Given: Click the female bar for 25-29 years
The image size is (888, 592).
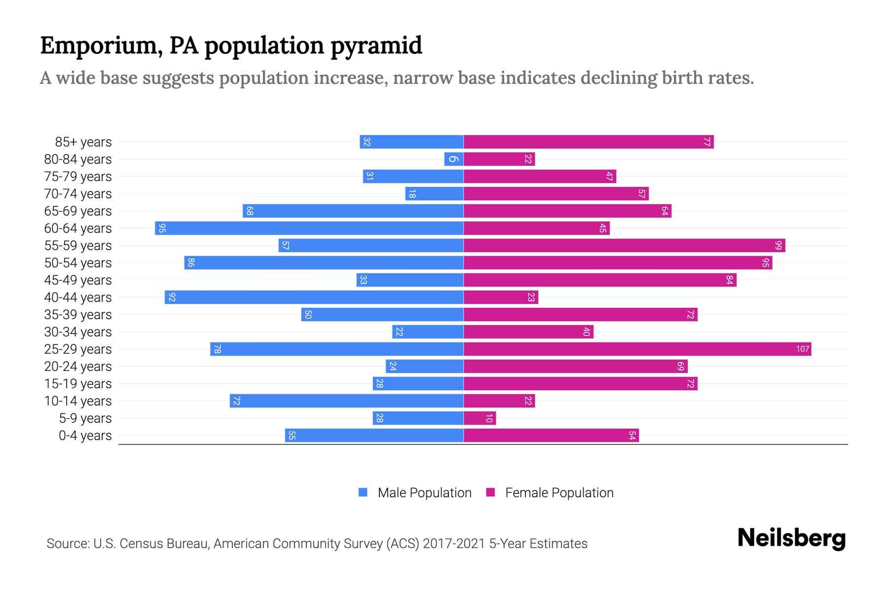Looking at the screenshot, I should pyautogui.click(x=636, y=349).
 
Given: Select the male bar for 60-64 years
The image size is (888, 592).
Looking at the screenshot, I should pyautogui.click(x=309, y=228).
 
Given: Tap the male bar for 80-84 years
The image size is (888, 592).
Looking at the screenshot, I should pyautogui.click(x=453, y=159).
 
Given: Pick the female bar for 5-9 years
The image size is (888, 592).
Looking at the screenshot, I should pyautogui.click(x=480, y=418).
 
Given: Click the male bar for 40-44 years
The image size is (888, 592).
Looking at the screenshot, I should pyautogui.click(x=314, y=297).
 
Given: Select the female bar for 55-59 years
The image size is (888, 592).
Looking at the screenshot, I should pyautogui.click(x=624, y=246).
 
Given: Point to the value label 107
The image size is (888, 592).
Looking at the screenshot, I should pyautogui.click(x=802, y=349).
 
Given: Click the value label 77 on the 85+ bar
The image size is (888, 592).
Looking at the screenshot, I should pyautogui.click(x=706, y=142).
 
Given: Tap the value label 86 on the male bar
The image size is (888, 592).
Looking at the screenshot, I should pyautogui.click(x=191, y=263).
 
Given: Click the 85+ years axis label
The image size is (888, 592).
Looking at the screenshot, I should pyautogui.click(x=83, y=142).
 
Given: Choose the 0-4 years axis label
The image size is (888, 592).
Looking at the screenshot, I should pyautogui.click(x=85, y=436).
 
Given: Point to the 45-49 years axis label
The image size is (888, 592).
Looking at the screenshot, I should pyautogui.click(x=78, y=280).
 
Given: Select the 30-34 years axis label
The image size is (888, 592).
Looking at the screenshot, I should pyautogui.click(x=78, y=332).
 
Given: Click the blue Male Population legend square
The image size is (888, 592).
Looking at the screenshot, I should pyautogui.click(x=363, y=492).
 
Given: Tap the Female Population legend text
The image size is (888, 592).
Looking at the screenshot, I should pyautogui.click(x=559, y=493).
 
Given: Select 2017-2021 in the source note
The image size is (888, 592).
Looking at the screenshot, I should pyautogui.click(x=454, y=544).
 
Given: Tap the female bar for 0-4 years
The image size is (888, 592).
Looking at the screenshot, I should pyautogui.click(x=551, y=436).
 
